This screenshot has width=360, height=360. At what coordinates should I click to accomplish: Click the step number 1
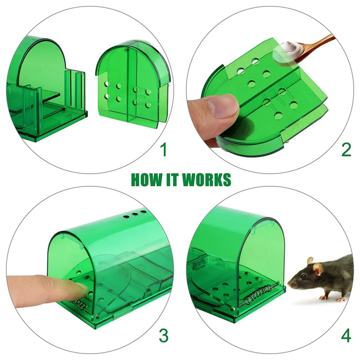pyautogui.click(x=164, y=149)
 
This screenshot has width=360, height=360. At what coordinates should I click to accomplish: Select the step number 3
pyautogui.click(x=164, y=335)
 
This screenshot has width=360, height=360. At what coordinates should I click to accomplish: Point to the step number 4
pyautogui.click(x=346, y=335)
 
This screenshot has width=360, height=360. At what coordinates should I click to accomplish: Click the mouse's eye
pyautogui.click(x=303, y=276)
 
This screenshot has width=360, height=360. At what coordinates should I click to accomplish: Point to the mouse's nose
pyautogui.click(x=289, y=284)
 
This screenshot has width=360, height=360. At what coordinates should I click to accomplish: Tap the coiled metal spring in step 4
pyautogui.click(x=260, y=294)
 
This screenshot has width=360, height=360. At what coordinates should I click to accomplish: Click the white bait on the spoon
pyautogui.click(x=287, y=47)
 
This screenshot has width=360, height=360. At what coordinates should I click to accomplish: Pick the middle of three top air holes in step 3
pyautogui.click(x=135, y=214)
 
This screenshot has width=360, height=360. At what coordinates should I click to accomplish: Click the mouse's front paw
pyautogui.click(x=324, y=298)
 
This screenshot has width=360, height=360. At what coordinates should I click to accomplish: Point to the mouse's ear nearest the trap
pyautogui.click(x=310, y=261)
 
